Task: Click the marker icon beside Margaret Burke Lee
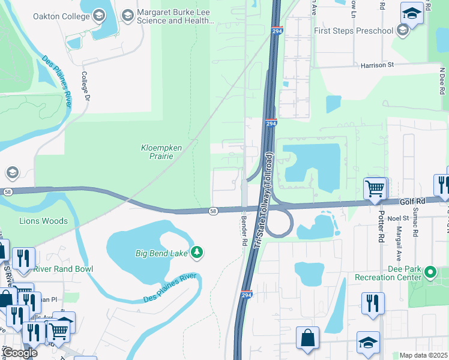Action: coord(127,13)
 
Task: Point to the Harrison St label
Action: coord(376,65)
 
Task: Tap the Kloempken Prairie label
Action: coord(157,152)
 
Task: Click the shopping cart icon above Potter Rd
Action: coord(375,188)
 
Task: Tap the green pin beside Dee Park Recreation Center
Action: coord(430,272)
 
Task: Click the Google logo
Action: coord(20,353)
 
